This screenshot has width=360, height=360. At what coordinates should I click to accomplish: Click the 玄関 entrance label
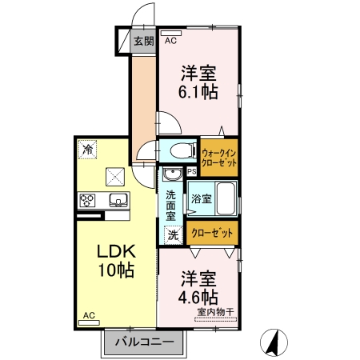click(x=144, y=40)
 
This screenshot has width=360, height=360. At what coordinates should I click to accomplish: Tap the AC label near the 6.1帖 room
click(x=170, y=39)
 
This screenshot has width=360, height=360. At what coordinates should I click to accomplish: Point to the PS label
click(x=191, y=171)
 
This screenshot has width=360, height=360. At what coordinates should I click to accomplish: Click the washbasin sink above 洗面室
click(x=171, y=174)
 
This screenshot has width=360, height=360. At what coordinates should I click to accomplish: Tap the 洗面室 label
click(x=171, y=206)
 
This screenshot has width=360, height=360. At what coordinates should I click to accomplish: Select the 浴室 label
click(x=201, y=198)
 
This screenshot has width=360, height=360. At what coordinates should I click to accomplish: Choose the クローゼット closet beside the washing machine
click(x=214, y=233)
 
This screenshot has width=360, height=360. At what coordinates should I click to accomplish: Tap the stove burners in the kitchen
click(x=87, y=200)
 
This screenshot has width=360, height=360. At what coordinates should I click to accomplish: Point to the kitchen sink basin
click(x=117, y=200)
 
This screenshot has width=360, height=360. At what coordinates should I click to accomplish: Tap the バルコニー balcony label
click(x=143, y=342)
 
